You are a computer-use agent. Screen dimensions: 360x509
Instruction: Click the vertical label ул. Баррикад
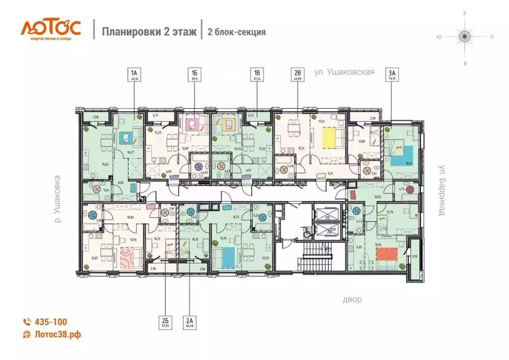click(441, 190)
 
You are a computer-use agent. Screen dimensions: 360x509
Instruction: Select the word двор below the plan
click(351, 299)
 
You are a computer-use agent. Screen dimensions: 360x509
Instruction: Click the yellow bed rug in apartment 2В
click(331, 137)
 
